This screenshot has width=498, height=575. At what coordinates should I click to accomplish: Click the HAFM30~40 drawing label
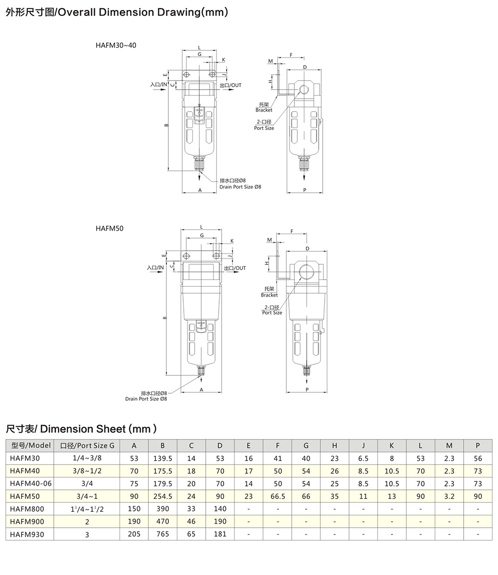click(116, 45)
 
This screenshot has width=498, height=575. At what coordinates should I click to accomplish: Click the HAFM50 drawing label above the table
click(110, 229)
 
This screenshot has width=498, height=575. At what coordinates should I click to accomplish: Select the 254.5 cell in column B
click(163, 496)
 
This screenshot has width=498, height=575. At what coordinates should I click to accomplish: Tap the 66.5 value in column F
click(277, 496)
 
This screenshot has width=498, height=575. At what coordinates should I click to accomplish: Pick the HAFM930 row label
click(27, 534)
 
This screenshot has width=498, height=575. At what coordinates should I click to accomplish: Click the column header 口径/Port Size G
click(87, 446)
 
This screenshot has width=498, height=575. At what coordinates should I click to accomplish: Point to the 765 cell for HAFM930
click(163, 534)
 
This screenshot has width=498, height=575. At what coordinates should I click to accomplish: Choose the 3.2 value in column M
click(449, 496)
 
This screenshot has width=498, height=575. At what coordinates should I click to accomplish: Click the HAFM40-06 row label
click(31, 484)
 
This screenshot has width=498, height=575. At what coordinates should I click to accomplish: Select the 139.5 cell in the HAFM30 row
click(163, 459)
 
